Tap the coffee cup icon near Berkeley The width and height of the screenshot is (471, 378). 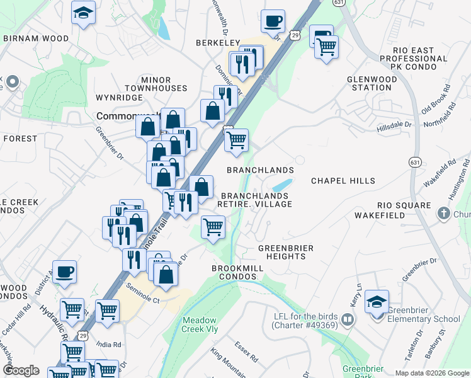pos(273,21)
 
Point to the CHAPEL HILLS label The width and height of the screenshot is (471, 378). pos(343,181)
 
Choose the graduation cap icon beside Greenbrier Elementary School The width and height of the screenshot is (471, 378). pos(377,302)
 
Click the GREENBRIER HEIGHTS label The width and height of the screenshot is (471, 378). pos(286,252)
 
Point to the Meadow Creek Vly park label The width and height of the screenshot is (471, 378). pos(200,324)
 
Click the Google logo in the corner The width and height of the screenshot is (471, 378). pos(21,370)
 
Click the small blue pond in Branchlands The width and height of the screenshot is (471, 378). pos(283,185)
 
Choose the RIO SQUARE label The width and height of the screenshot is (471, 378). pos(404,205)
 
